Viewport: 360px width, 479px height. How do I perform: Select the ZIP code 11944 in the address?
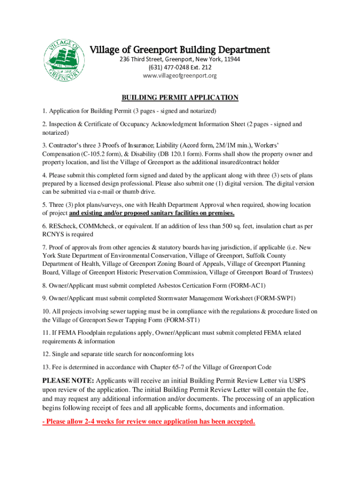tap(231, 59)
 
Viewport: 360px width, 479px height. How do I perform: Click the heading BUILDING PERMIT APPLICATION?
tap(180, 98)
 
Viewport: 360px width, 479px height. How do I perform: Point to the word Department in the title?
tap(240, 50)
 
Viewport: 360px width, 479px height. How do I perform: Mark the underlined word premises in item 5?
tap(217, 213)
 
